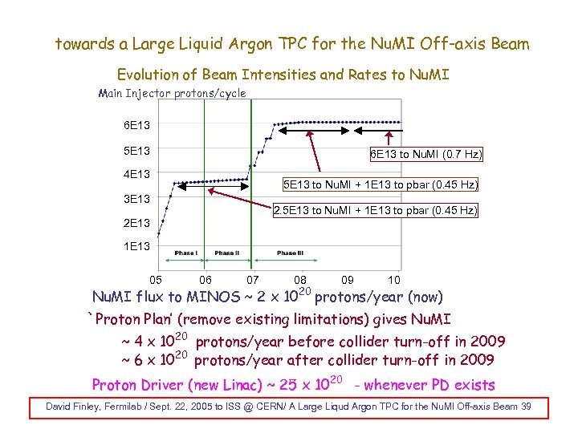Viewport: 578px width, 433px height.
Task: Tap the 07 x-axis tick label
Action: coord(253,280)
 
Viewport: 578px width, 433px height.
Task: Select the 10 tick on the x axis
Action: coord(394,280)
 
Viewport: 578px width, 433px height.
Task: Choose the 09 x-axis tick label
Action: coord(347,280)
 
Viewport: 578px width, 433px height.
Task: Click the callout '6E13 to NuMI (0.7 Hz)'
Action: coord(425,155)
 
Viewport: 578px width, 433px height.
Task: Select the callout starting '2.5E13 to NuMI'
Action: coord(375,211)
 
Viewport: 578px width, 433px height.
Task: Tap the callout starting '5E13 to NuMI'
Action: coord(381,184)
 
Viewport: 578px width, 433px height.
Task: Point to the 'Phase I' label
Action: coord(186,253)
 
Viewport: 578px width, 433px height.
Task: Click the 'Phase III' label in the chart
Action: coord(290,253)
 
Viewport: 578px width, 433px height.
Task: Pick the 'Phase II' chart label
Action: coord(226,253)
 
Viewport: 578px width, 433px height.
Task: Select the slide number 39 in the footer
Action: coord(525,407)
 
